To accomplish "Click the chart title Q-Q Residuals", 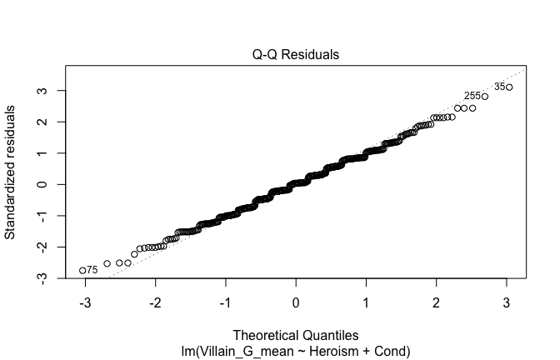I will [296, 54].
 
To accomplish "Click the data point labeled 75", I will [82, 270].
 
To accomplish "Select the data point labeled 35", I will [509, 87].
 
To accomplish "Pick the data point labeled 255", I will [485, 97].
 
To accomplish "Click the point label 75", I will [92, 270].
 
